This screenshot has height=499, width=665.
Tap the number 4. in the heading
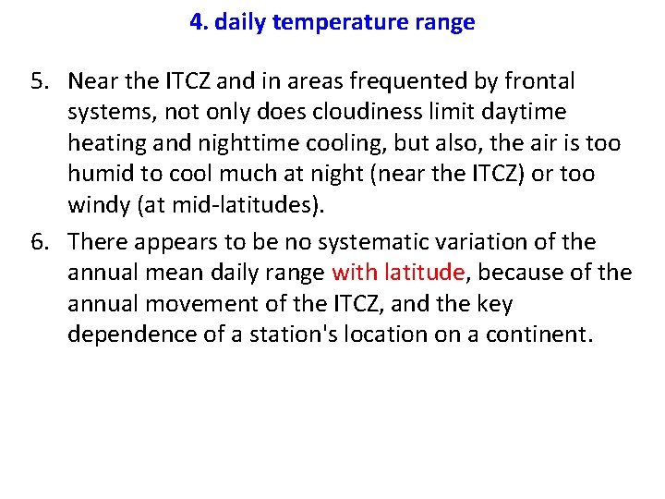(x=199, y=23)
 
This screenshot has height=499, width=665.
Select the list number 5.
(x=40, y=81)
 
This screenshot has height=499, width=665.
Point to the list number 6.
(x=40, y=242)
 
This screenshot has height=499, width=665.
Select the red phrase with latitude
(x=397, y=273)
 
